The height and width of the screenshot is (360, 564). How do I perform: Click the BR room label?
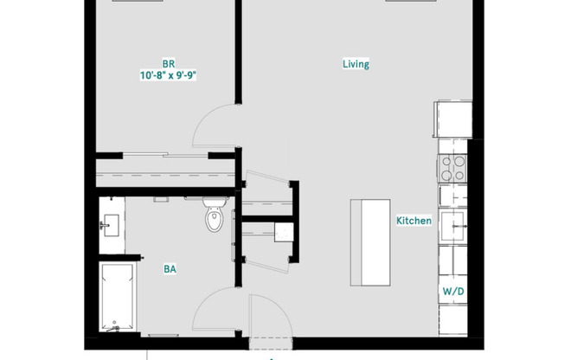pyautogui.click(x=169, y=63)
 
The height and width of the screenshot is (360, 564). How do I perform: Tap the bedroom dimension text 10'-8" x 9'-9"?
pyautogui.click(x=169, y=75)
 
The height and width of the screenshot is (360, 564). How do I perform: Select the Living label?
pyautogui.click(x=356, y=64)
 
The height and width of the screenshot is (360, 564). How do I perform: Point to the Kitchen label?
pyautogui.click(x=413, y=221)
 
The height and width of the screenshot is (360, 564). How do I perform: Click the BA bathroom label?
pyautogui.click(x=170, y=269)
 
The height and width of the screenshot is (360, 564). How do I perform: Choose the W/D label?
pyautogui.click(x=453, y=292)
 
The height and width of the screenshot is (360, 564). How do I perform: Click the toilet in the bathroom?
pyautogui.click(x=215, y=219)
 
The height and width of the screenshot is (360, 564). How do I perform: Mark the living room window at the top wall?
pyautogui.click(x=411, y=2)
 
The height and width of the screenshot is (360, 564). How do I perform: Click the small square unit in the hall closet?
pyautogui.click(x=281, y=232)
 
